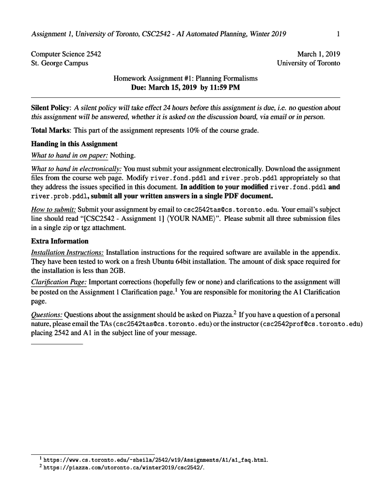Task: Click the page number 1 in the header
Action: [338, 34]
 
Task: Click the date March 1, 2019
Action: [318, 54]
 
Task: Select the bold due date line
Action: [186, 88]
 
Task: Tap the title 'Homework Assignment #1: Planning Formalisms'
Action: [186, 78]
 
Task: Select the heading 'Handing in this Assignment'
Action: [74, 144]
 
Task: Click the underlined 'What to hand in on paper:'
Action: [70, 155]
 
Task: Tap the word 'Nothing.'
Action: [123, 155]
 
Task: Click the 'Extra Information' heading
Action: [60, 241]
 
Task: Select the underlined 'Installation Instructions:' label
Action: [67, 252]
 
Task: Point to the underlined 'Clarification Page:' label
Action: [59, 281]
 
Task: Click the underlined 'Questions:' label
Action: [47, 314]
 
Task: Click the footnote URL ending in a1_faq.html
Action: [155, 460]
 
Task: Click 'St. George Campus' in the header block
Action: [60, 63]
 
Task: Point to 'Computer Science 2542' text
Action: [66, 54]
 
